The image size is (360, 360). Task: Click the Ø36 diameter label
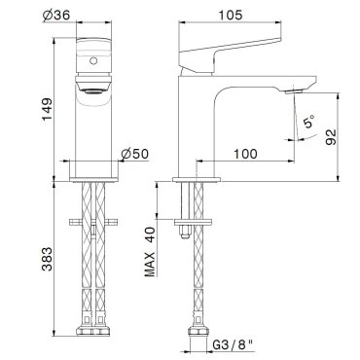click(56, 15)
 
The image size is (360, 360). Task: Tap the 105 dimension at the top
click(231, 15)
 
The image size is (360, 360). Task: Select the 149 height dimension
click(48, 109)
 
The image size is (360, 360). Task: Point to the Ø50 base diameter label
click(134, 154)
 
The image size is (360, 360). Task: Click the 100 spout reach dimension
click(245, 154)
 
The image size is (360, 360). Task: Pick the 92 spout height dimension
click(330, 136)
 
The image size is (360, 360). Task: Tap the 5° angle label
click(308, 122)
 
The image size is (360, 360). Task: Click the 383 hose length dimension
click(48, 259)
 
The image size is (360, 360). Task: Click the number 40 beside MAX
click(150, 234)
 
